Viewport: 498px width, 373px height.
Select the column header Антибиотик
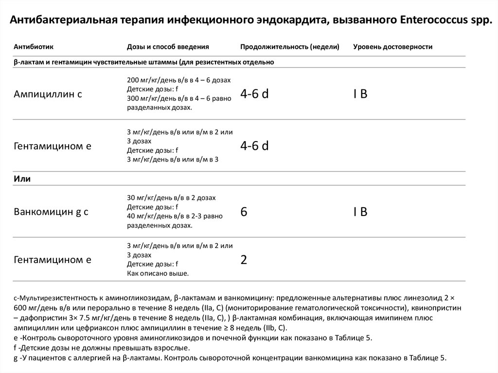click(34, 47)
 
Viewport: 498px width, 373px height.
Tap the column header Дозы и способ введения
click(168, 47)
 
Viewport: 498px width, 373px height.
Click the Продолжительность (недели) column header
click(290, 47)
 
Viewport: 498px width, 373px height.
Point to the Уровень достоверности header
click(393, 47)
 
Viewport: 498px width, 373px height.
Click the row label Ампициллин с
click(48, 94)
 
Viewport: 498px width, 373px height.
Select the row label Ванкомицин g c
click(51, 212)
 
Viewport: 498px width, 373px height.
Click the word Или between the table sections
click(22, 178)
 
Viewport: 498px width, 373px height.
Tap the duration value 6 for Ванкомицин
click(244, 212)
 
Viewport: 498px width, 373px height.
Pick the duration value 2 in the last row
click(244, 260)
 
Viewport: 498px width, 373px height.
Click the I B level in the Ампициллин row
click(360, 94)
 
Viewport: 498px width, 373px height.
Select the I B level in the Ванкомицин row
click(360, 212)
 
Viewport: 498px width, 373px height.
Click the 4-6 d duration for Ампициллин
click(254, 94)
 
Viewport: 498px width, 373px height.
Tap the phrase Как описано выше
click(158, 274)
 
